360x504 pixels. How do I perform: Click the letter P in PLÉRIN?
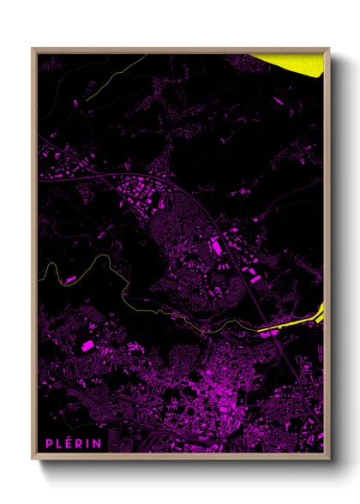[51, 442]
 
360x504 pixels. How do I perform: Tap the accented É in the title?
[70, 442]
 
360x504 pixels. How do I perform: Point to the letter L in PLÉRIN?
[61, 442]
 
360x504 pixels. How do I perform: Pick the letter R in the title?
[81, 442]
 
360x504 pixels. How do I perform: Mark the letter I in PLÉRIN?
[89, 442]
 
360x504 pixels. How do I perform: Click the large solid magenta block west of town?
[87, 345]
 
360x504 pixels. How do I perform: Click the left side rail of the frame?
[34, 257]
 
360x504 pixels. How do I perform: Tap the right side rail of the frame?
[327, 257]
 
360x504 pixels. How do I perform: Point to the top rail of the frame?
[180, 51]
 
